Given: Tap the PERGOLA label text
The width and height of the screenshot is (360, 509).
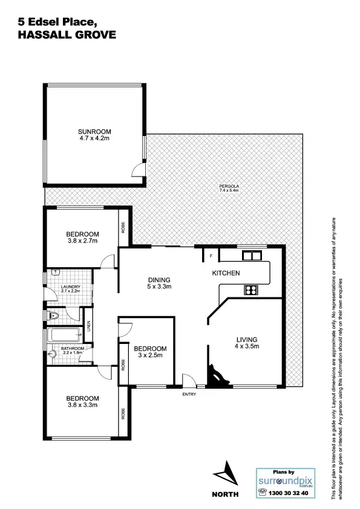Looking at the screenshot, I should point(229,186).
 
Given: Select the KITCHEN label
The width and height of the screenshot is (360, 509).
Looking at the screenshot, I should point(226,274).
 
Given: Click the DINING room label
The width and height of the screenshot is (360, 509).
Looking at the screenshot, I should point(160,280).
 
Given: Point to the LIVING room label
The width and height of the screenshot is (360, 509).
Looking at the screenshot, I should point(247,339).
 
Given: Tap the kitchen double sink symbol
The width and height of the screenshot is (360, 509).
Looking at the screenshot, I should point(250,256).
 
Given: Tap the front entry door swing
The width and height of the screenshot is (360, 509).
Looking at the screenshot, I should point(189,380).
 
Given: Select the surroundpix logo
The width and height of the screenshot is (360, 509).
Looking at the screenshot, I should point(284,481).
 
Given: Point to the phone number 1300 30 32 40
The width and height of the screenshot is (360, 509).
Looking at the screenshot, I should point(289,493).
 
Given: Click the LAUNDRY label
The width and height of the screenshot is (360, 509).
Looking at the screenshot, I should point(70,287).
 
